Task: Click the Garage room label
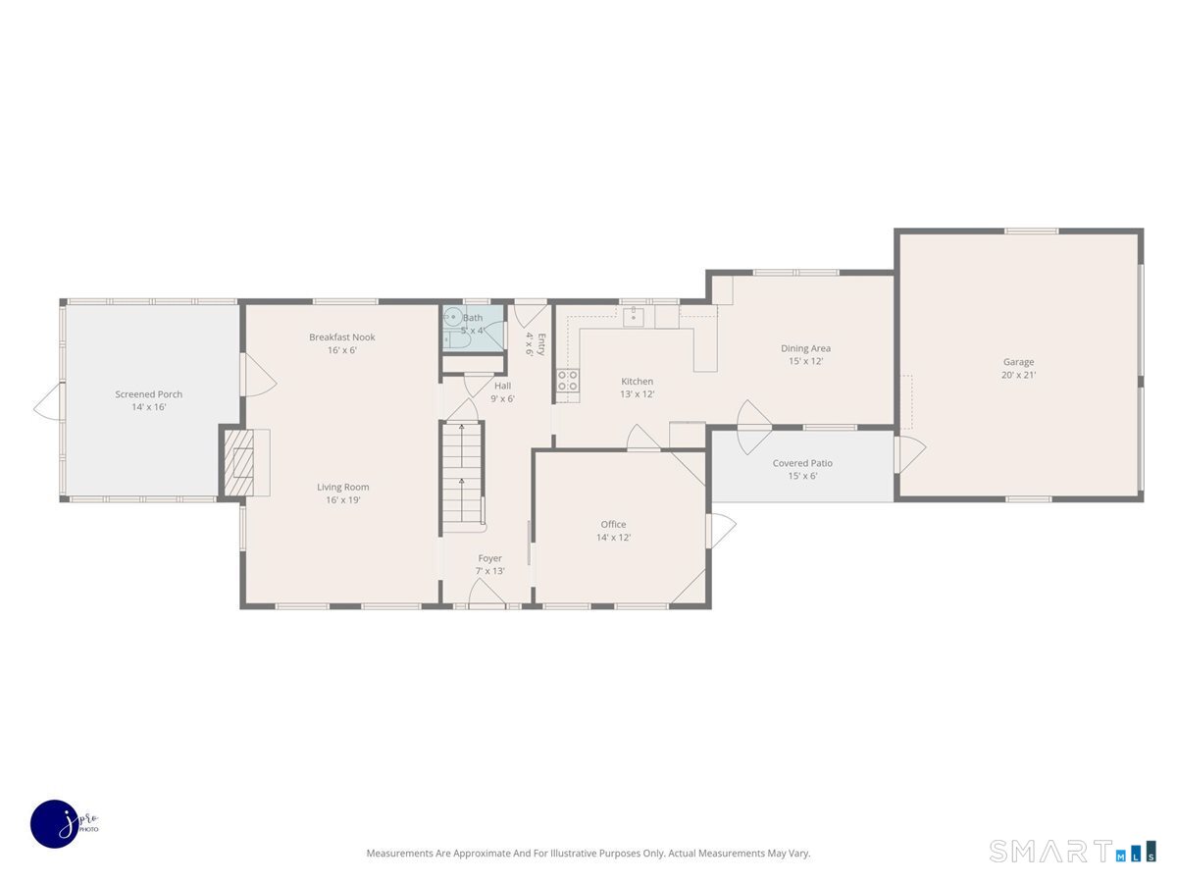pos(1018,362)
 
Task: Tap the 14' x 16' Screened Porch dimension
pos(149,407)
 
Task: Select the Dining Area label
pos(805,348)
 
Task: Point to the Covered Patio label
pos(802,463)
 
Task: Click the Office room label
pos(613,524)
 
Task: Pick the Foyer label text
pos(490,558)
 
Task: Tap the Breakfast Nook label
pos(342,338)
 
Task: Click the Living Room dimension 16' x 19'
pos(343,500)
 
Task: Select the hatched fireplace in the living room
pos(238,462)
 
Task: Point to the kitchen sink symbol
pos(634,316)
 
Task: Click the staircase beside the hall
pos(462,475)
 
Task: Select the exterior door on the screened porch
pos(47,401)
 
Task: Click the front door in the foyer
pos(487,594)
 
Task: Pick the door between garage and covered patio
pos(910,454)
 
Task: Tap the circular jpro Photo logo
pos(56,824)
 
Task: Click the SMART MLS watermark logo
pos(1072,852)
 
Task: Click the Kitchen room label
pos(637,382)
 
